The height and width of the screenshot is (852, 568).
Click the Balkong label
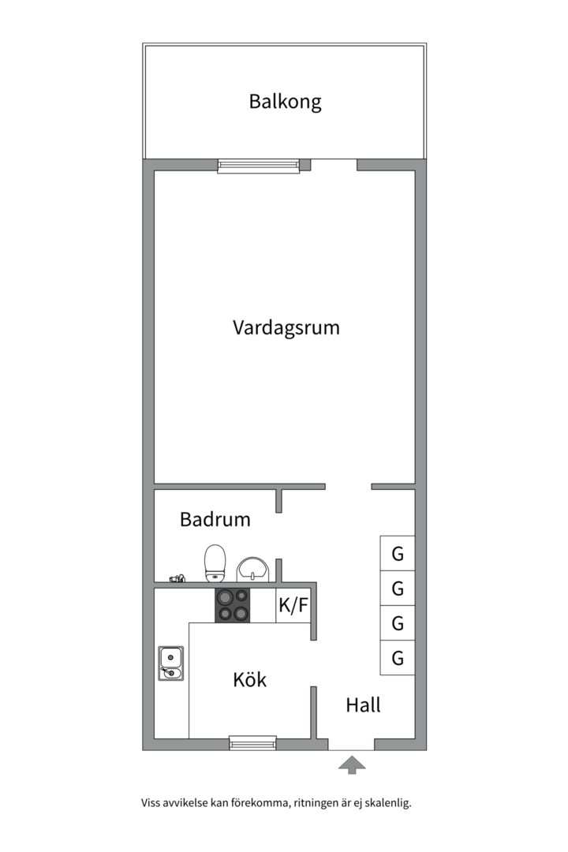coord(285,102)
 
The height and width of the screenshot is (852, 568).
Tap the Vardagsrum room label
coord(286,327)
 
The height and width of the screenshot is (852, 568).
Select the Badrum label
coord(215,520)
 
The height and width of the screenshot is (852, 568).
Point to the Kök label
coord(249,679)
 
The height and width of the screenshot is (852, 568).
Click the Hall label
coord(363,704)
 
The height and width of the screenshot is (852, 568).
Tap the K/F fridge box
coord(293,606)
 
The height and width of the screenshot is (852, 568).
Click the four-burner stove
coord(233,605)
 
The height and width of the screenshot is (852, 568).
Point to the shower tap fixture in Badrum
coord(177,579)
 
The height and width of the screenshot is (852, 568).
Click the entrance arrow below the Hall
coord(352,764)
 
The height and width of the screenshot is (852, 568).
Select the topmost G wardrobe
coord(398,554)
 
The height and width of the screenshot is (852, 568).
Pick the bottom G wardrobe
coord(398,658)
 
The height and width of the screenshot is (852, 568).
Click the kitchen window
coord(252,743)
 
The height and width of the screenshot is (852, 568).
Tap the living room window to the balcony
coord(259,166)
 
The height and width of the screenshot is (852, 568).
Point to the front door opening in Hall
coord(351,744)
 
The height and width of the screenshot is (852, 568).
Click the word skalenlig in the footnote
coord(387,803)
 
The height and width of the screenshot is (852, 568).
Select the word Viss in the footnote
coord(151,803)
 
